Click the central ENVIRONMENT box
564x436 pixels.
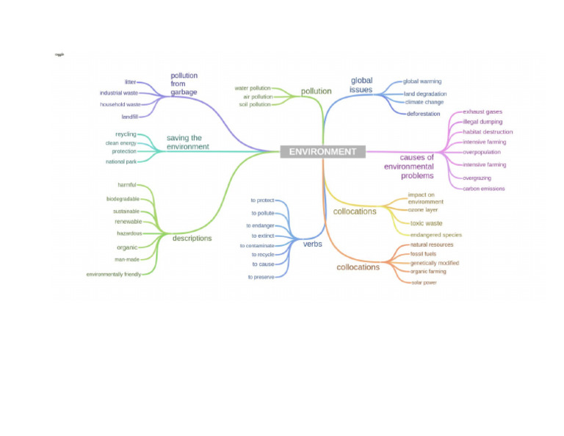click(x=322, y=152)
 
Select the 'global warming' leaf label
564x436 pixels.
click(x=422, y=81)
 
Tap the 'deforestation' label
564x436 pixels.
click(x=424, y=114)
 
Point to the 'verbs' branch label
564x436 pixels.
click(x=313, y=244)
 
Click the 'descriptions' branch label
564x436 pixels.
click(x=192, y=238)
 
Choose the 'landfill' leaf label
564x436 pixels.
click(x=130, y=117)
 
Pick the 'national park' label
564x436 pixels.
click(x=121, y=161)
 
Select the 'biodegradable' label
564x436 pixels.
click(x=123, y=199)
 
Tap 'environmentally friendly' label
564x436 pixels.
click(x=114, y=275)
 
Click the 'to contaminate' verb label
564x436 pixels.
click(x=257, y=246)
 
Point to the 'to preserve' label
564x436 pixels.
click(x=261, y=277)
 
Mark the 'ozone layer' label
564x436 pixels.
click(x=423, y=210)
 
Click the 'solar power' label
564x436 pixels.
click(x=424, y=283)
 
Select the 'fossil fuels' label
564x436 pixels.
click(x=423, y=254)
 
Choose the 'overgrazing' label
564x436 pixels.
click(x=477, y=178)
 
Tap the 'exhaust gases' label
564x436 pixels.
click(x=482, y=112)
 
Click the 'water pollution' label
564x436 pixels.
click(x=253, y=88)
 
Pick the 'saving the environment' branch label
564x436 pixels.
click(x=187, y=142)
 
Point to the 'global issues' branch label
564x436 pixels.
click(x=361, y=85)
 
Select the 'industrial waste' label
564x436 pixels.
click(x=119, y=93)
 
